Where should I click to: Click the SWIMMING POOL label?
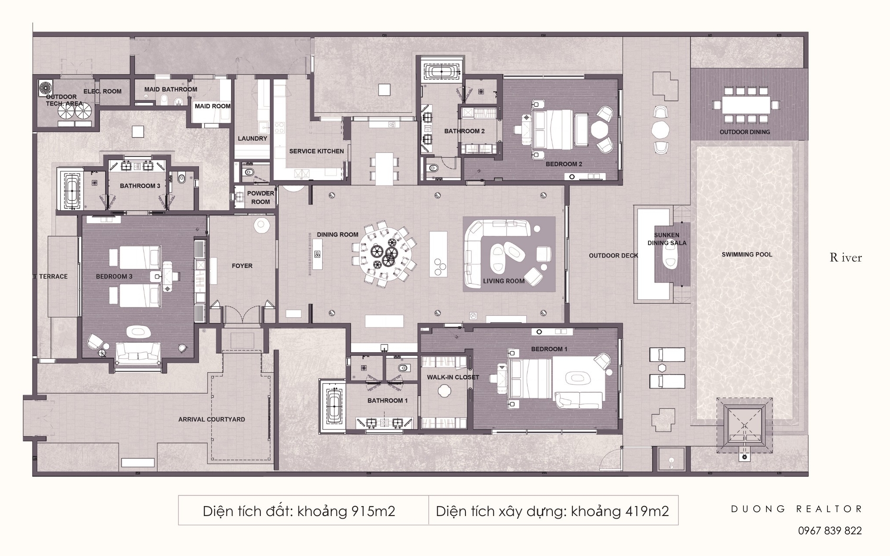click(x=747, y=255)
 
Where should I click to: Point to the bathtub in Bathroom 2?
click(x=441, y=72)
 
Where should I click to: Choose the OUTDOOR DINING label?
click(x=744, y=132)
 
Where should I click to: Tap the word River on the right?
click(x=845, y=258)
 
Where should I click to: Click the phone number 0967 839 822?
click(x=830, y=530)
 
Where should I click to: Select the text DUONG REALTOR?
click(x=796, y=509)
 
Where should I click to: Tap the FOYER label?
click(x=242, y=266)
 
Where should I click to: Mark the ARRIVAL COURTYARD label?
click(x=212, y=420)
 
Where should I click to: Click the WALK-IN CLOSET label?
click(x=452, y=377)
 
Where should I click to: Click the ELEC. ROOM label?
click(x=103, y=91)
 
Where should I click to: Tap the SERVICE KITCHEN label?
click(x=316, y=151)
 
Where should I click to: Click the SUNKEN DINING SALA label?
click(x=667, y=239)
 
